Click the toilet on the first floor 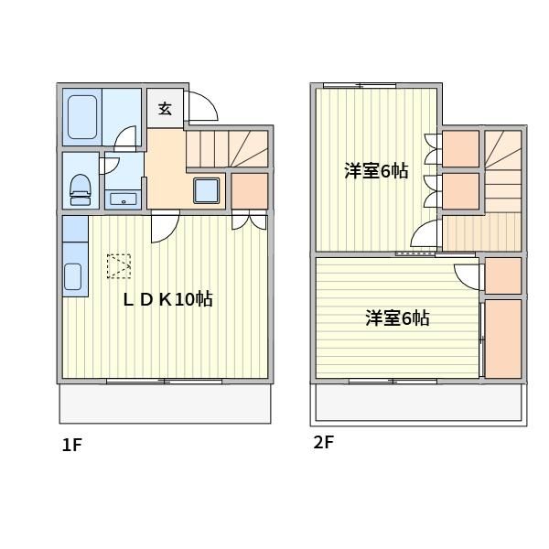pos(81,189)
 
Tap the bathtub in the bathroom pos(82,117)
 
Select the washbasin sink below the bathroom pos(124,199)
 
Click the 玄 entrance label pos(165,109)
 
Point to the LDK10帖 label pos(168,300)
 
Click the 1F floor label pos(71,445)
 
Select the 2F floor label pos(324,442)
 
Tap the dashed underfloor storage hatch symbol pos(119,266)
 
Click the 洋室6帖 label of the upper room pos(376,171)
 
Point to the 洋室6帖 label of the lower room pos(397,318)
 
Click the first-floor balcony pos(165,404)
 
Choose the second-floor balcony pos(418,404)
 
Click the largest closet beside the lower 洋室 pos(503,339)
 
